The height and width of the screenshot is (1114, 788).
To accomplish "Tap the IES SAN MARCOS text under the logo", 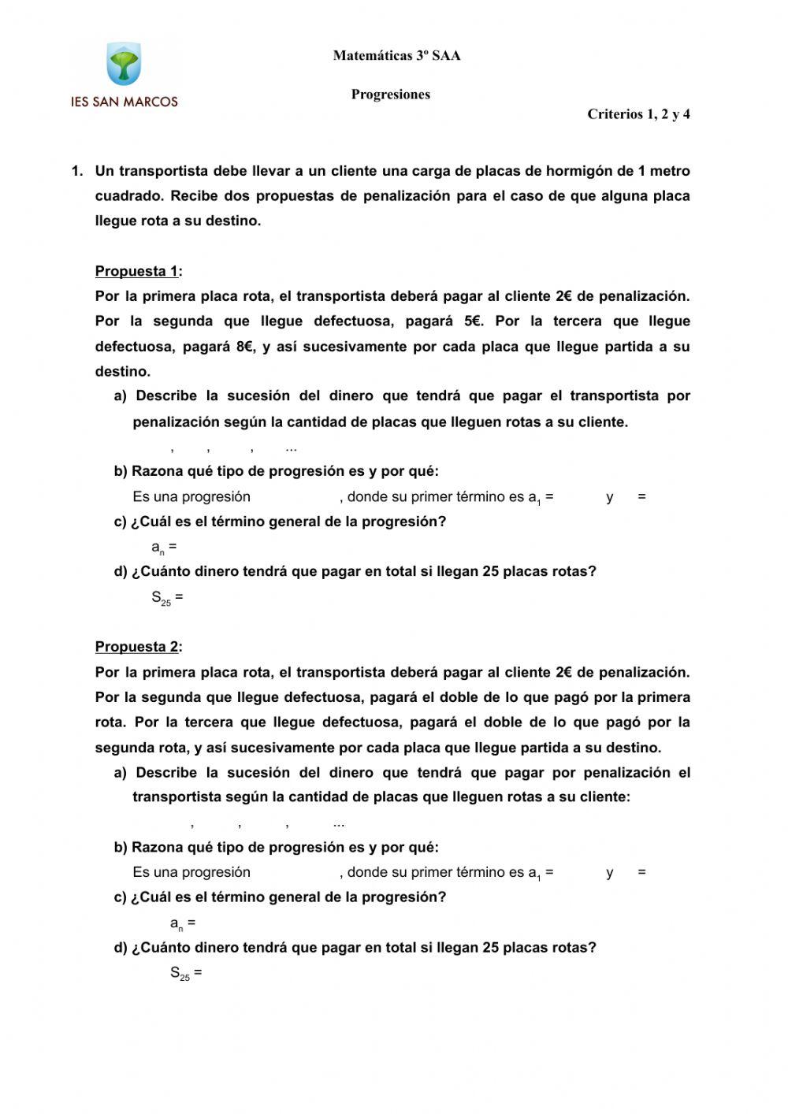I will point(125,102).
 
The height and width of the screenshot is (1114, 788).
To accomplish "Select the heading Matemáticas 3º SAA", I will point(396,56).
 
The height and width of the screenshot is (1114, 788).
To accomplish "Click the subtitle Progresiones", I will point(391,95).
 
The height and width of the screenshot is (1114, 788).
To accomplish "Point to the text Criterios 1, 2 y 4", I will point(638,114).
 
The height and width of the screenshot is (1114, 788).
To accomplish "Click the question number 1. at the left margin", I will point(76,171).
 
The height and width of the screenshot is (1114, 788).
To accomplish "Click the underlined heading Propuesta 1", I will point(136,272).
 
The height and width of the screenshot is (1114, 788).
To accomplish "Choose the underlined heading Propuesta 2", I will point(136,647).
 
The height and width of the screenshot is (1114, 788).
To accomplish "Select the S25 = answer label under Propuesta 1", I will point(167,598).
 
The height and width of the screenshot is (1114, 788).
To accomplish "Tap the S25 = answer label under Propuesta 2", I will point(186,973).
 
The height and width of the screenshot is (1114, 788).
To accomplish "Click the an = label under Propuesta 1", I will point(164,548).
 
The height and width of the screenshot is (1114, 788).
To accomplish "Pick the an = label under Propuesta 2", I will point(183,923).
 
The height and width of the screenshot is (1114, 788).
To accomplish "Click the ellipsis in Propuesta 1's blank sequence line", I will point(291,448).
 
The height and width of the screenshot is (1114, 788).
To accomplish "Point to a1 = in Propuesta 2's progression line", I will point(540,873).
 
